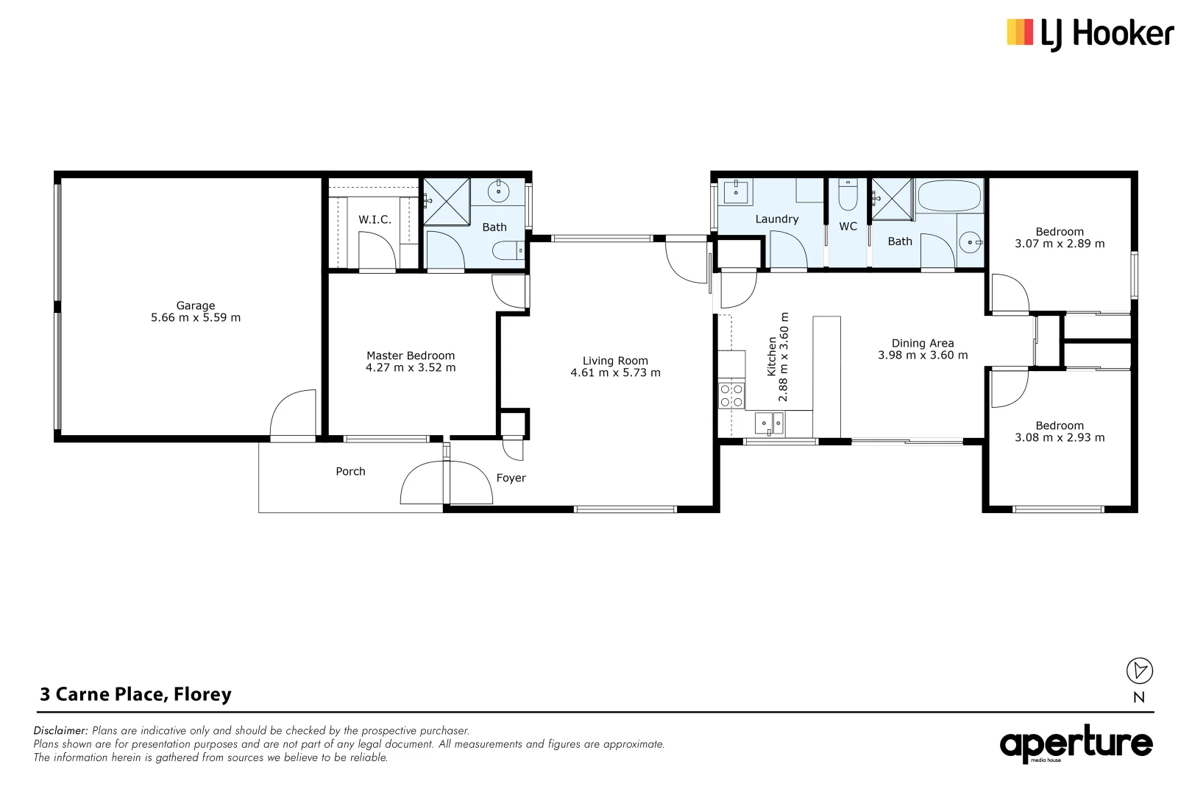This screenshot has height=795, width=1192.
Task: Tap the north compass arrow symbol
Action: (x=1140, y=671)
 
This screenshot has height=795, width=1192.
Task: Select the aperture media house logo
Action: (x=1076, y=744)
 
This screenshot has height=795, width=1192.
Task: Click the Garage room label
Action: (x=196, y=305)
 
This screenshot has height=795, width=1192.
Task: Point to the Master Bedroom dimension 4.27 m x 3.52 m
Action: (x=411, y=368)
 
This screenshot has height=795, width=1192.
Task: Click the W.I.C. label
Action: (x=375, y=219)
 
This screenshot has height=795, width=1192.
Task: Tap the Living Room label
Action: (x=615, y=361)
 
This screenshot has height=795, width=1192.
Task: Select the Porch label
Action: (x=350, y=472)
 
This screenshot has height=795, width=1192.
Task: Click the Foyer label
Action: (x=511, y=478)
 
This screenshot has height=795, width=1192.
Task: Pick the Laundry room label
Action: (x=776, y=219)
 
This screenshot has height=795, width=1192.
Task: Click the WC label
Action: (x=848, y=227)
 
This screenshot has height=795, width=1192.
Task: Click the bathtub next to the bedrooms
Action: (x=949, y=197)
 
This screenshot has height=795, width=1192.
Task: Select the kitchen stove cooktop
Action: (x=731, y=395)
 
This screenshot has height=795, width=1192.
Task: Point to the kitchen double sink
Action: (x=770, y=423)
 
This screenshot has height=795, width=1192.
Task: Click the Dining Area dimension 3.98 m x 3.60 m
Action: (x=923, y=356)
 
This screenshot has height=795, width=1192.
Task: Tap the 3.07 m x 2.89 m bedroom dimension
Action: (x=1060, y=244)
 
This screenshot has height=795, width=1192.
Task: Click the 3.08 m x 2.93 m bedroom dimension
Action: (x=1060, y=438)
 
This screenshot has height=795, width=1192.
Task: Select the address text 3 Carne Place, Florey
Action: (x=136, y=695)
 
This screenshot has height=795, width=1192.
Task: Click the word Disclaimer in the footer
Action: (x=60, y=731)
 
